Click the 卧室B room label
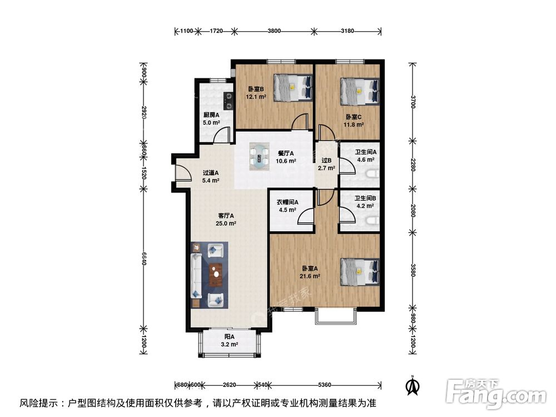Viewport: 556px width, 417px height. tap(256, 89)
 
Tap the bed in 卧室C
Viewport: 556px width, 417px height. tap(360, 91)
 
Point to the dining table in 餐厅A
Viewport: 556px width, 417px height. tap(259, 156)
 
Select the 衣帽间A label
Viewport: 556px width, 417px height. tap(288, 202)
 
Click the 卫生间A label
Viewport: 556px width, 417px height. tap(367, 152)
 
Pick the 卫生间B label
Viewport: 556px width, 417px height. tap(367, 197)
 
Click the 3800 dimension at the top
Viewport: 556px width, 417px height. tap(274, 31)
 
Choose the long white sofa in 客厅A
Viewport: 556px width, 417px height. tap(196, 275)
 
